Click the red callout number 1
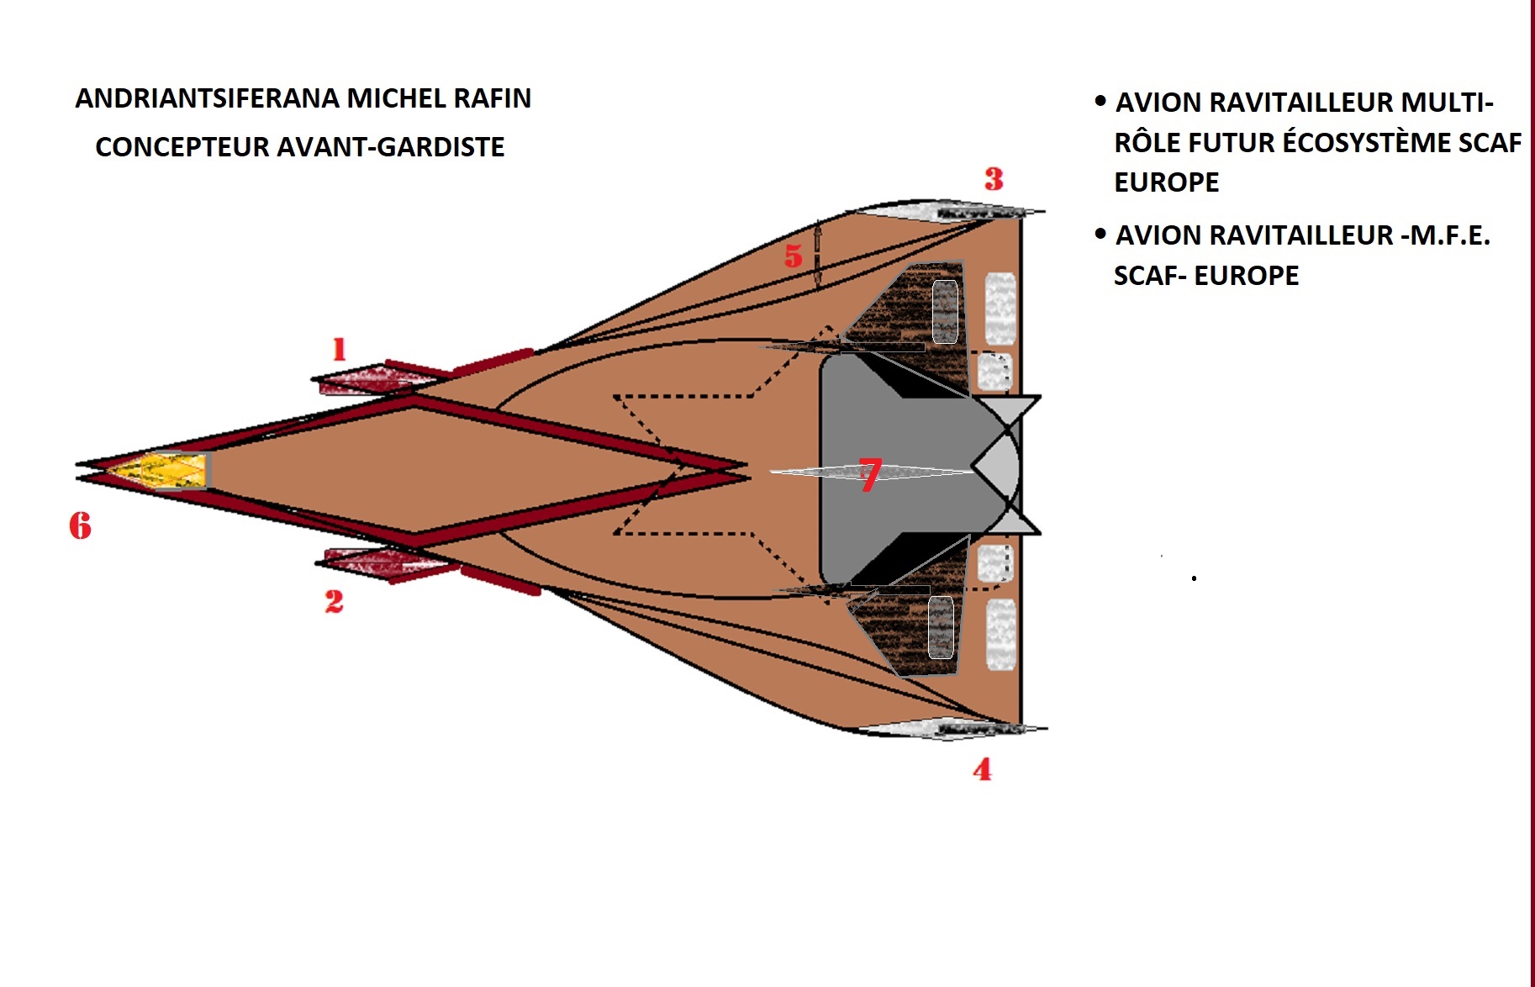[x=339, y=349]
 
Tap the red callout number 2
[x=334, y=601]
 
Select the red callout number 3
[x=994, y=179]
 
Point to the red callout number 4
[x=982, y=769]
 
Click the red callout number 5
[x=793, y=256]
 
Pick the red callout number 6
[x=80, y=526]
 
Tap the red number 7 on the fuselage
[x=870, y=473]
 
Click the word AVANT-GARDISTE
[x=391, y=147]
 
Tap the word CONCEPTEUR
[x=182, y=147]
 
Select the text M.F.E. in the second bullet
[x=1450, y=235]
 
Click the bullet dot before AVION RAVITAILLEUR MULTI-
[x=1100, y=102]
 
